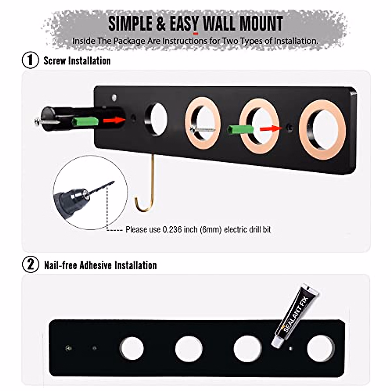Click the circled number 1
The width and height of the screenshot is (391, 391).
(30, 61)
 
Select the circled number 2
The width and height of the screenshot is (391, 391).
(30, 265)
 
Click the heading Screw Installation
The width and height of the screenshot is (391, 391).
(77, 61)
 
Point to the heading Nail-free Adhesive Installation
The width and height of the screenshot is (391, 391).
(100, 265)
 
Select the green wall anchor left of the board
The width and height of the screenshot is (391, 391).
(85, 122)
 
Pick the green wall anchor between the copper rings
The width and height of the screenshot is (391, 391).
(240, 129)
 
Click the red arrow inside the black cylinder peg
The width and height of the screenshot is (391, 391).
(114, 120)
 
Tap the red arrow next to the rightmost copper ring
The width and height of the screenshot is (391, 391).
(271, 128)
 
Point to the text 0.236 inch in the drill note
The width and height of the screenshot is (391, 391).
(172, 230)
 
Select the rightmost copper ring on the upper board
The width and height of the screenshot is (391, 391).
(322, 130)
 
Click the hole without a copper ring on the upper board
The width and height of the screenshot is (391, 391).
(156, 119)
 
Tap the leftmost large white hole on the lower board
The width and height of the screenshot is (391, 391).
(131, 348)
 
